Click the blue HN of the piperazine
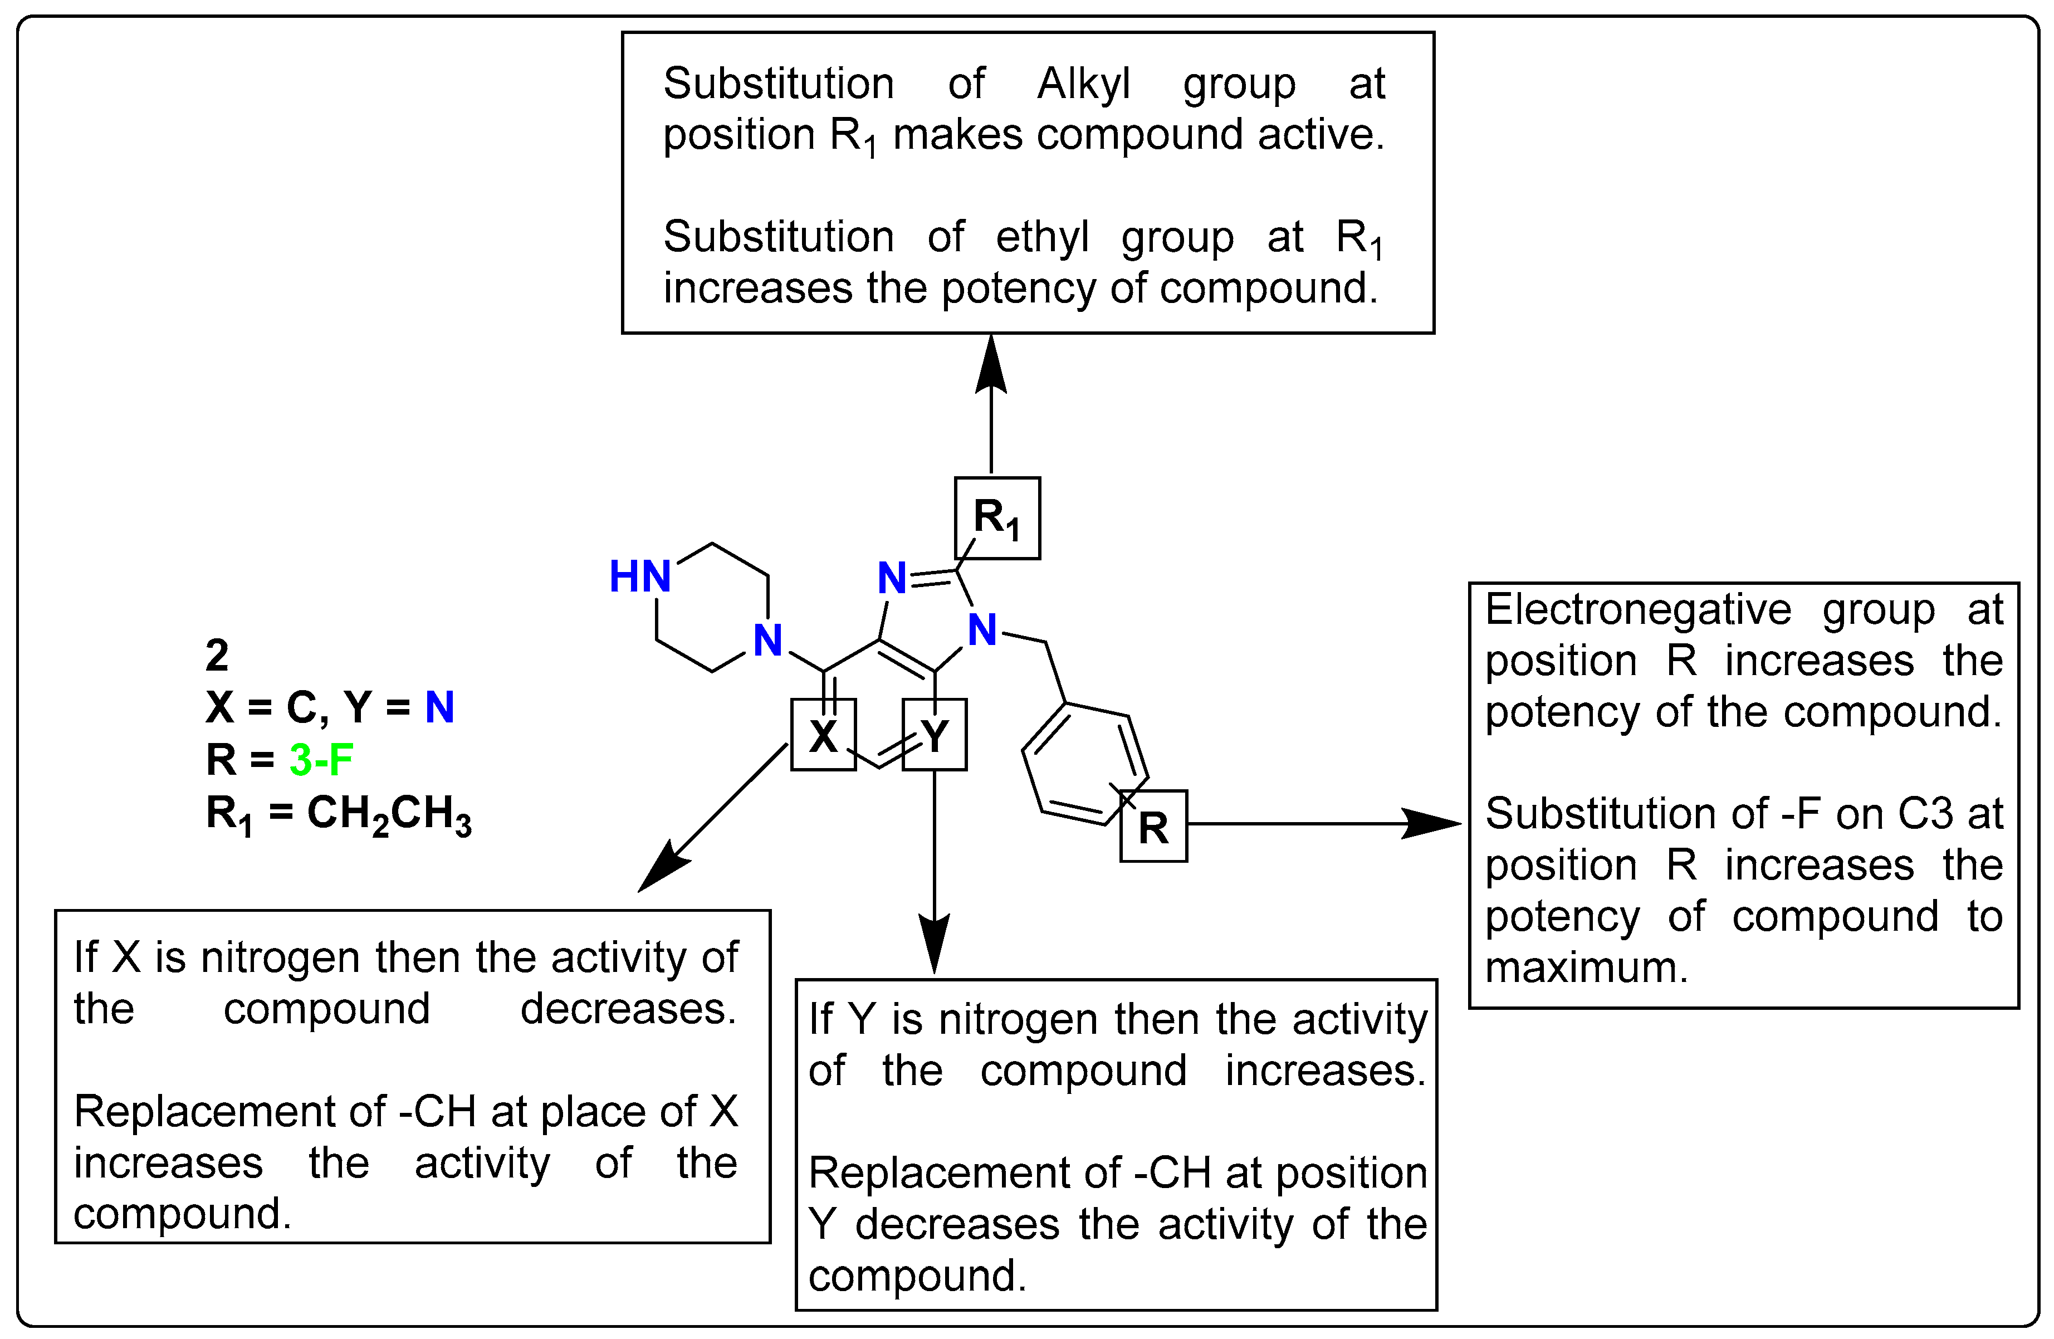[639, 576]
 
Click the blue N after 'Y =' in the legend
[439, 707]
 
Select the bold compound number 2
[217, 655]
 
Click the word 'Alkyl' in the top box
[1083, 84]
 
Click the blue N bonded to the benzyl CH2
[982, 630]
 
